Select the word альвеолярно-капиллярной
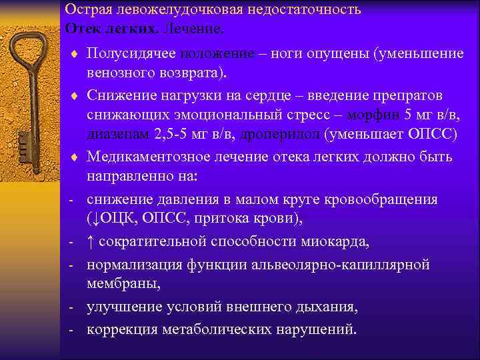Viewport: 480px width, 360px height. click(341, 265)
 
